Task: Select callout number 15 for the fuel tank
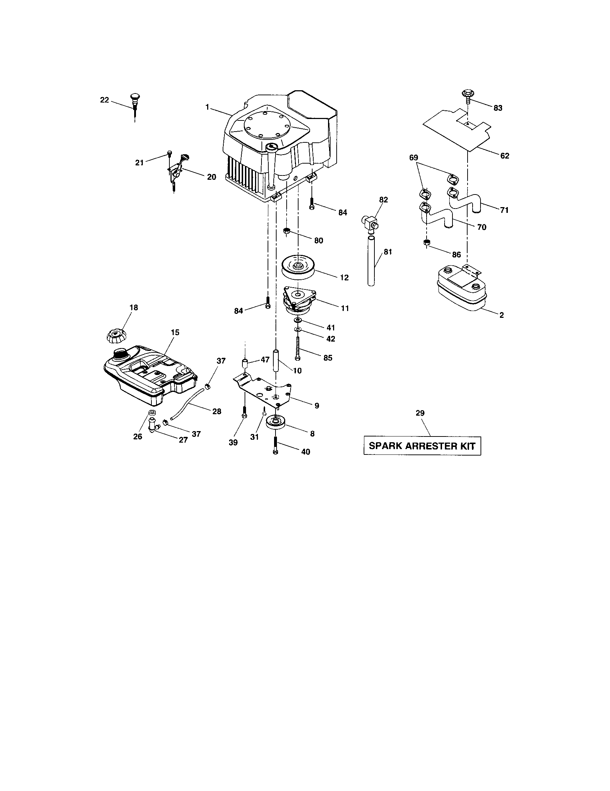coord(175,332)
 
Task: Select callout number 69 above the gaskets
coord(413,157)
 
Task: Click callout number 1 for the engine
coord(207,107)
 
